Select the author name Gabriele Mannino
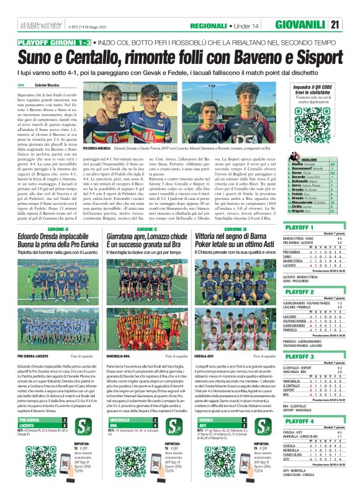pyautogui.click(x=50, y=84)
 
